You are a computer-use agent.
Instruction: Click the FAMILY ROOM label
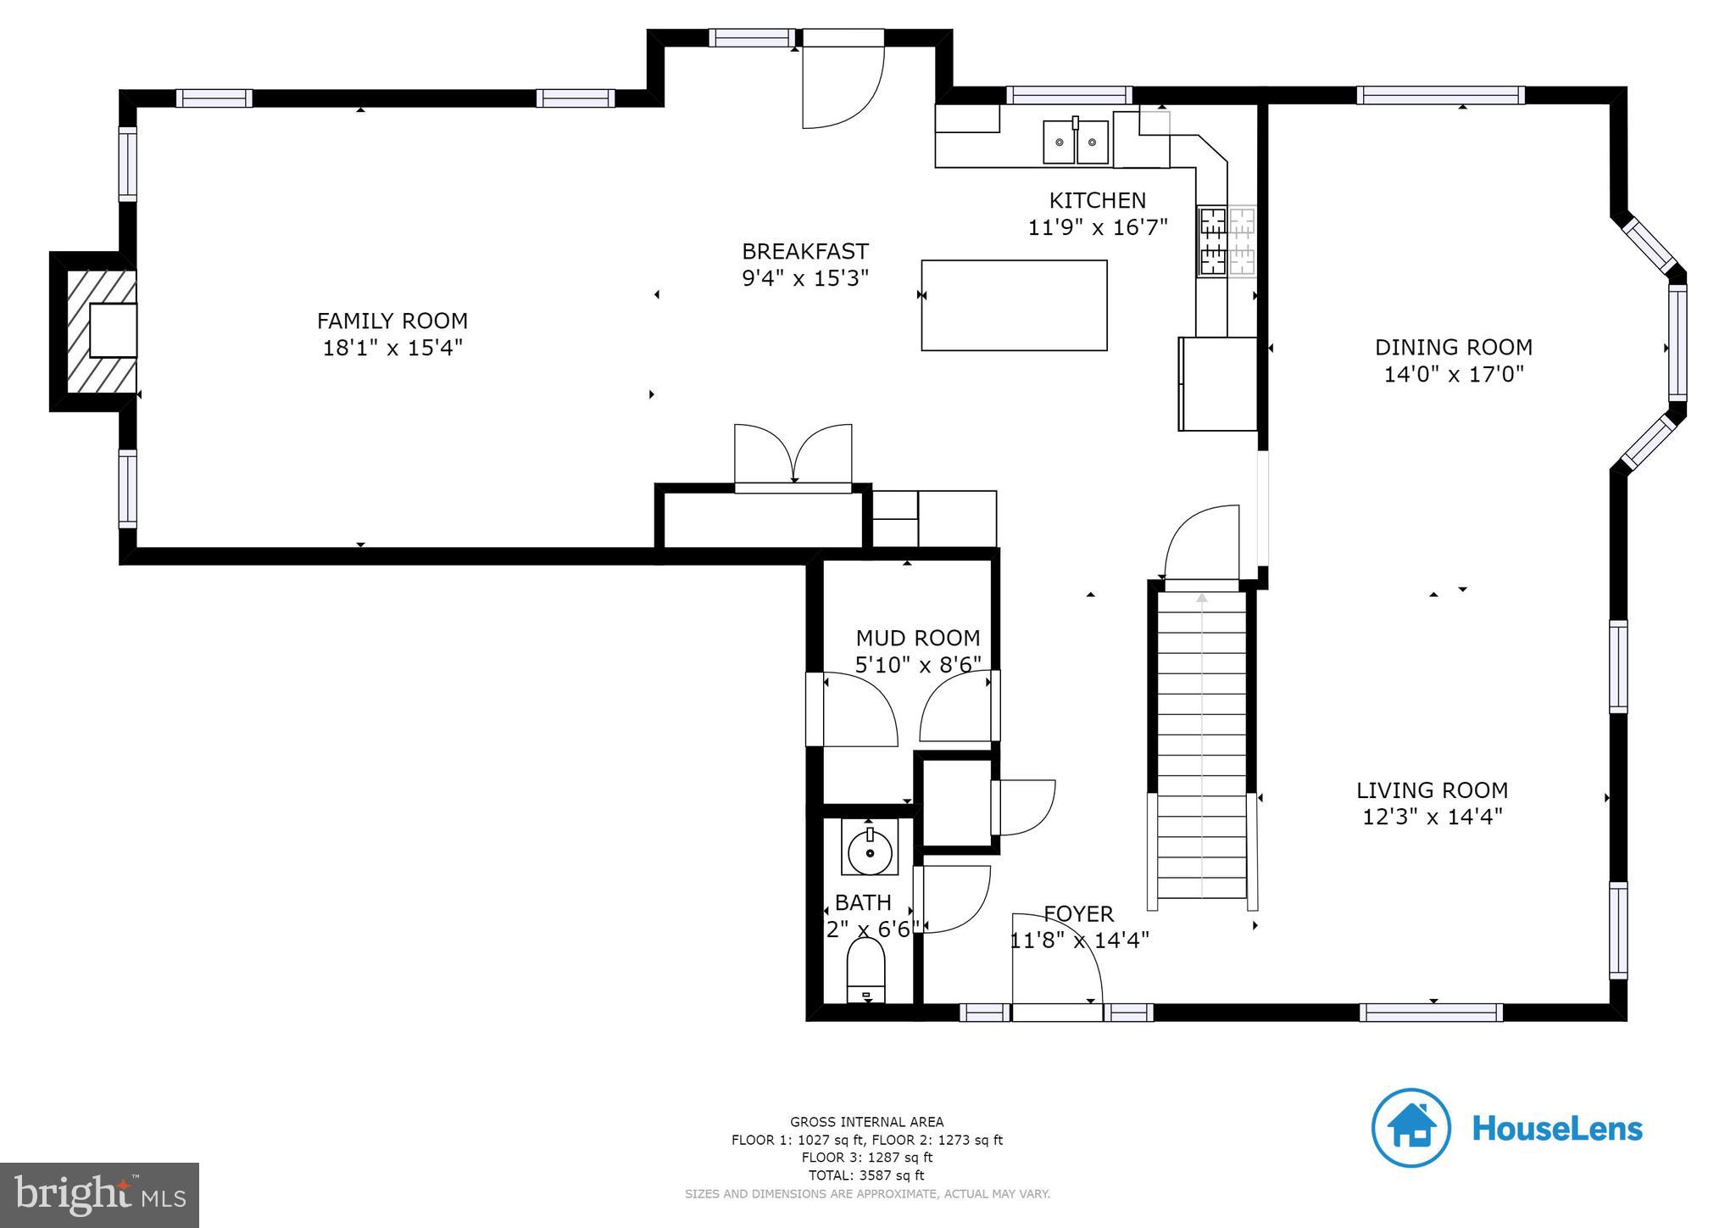click(392, 321)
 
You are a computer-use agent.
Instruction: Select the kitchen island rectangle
click(1014, 305)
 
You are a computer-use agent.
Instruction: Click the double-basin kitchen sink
click(1075, 142)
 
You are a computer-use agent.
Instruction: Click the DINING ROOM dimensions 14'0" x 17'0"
click(1453, 374)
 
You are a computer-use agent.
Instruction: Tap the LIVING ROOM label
click(1432, 790)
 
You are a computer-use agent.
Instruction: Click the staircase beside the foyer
click(1201, 746)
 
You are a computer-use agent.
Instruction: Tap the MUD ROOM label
click(917, 638)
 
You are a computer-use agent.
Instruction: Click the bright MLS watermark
click(100, 1194)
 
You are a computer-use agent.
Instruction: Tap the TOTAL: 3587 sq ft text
click(867, 1175)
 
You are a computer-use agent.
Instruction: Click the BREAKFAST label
click(804, 252)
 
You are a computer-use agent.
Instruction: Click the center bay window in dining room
click(1677, 343)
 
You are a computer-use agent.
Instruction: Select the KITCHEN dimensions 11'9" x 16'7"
click(1097, 227)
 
